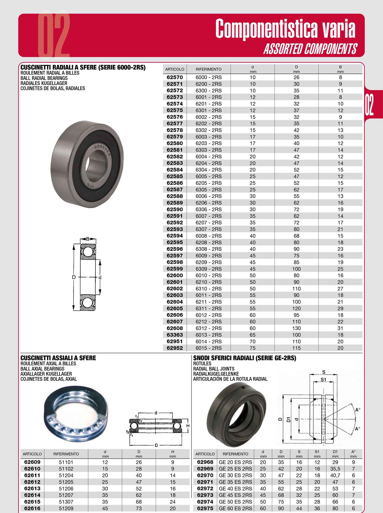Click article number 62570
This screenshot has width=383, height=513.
(x=175, y=77)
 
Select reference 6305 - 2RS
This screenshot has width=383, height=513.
(x=209, y=189)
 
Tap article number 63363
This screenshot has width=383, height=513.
(x=175, y=335)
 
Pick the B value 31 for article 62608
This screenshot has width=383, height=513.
(x=340, y=328)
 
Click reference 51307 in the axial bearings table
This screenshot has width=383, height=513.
(x=66, y=501)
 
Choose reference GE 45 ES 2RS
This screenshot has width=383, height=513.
(x=235, y=495)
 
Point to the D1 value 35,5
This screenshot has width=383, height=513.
(x=335, y=469)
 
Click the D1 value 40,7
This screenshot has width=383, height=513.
(x=335, y=475)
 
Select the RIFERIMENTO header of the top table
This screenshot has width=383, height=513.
(x=209, y=69)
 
